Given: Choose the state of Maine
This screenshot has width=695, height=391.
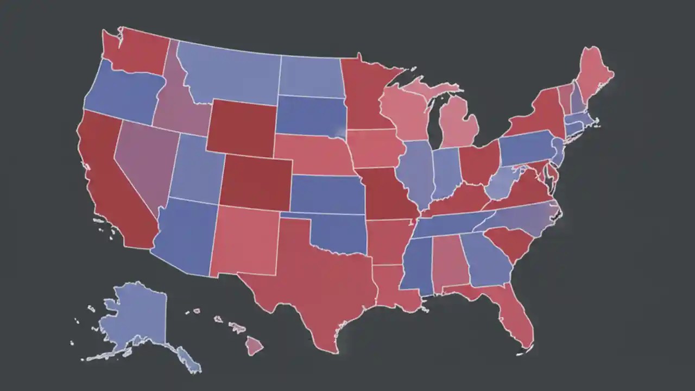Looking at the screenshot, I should tap(595, 76).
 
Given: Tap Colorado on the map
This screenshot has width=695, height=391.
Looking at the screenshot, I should tap(255, 182).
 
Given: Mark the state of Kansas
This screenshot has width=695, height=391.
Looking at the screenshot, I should tap(326, 194).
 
